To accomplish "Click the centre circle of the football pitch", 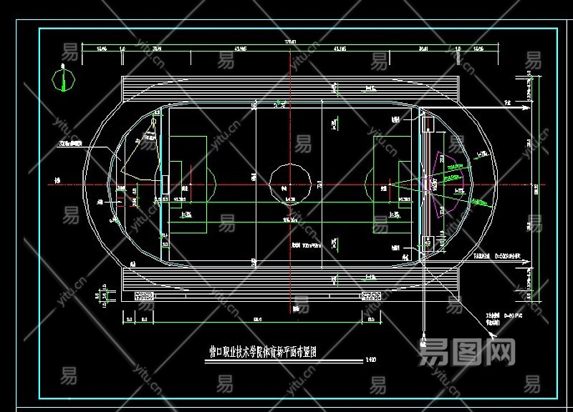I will click(x=291, y=182).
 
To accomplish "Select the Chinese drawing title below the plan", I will click(x=263, y=352).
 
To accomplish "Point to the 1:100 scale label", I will click(x=370, y=360).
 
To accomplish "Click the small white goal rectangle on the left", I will click(x=165, y=183).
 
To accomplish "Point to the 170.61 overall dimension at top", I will click(x=290, y=43).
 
